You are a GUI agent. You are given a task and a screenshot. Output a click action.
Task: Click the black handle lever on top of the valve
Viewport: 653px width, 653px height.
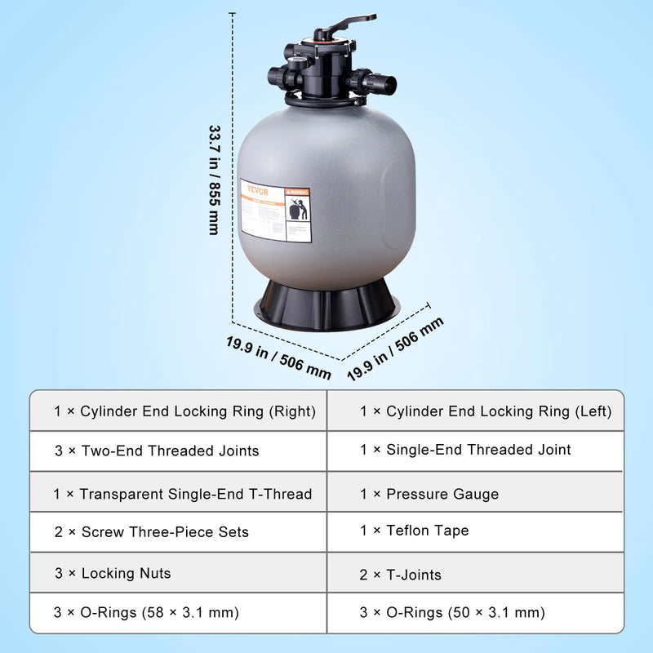pyautogui.click(x=351, y=20)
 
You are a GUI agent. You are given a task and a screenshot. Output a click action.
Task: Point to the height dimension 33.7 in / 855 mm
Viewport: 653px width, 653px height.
pyautogui.click(x=215, y=180)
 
